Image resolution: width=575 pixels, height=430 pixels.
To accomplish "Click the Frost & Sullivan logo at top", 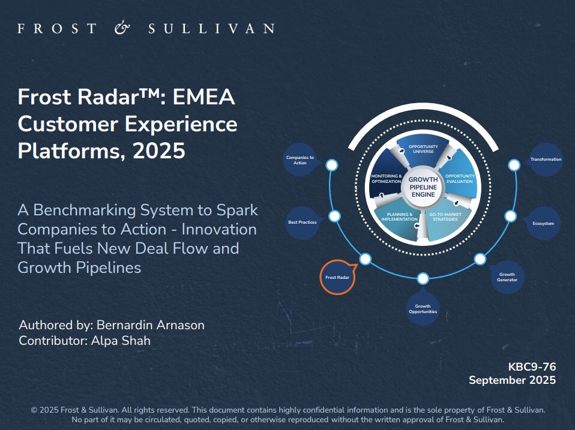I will [x=146, y=28].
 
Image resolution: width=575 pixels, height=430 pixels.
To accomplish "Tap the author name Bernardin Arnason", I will [x=149, y=325].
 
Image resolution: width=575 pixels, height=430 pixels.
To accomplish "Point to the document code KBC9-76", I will [x=532, y=366].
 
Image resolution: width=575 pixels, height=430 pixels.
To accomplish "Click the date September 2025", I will [x=512, y=380].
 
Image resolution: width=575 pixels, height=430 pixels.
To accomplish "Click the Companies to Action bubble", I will [x=300, y=160].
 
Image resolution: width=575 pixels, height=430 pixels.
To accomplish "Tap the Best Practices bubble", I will [x=303, y=222].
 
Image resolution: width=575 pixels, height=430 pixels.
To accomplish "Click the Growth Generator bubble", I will [x=507, y=277].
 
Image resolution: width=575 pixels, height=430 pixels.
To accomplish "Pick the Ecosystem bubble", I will [x=543, y=223].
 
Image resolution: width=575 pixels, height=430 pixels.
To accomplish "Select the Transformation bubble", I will [x=546, y=160].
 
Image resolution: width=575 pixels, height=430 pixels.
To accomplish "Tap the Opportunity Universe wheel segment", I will [x=423, y=149].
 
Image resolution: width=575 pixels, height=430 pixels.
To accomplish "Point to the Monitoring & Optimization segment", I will [x=387, y=179].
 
